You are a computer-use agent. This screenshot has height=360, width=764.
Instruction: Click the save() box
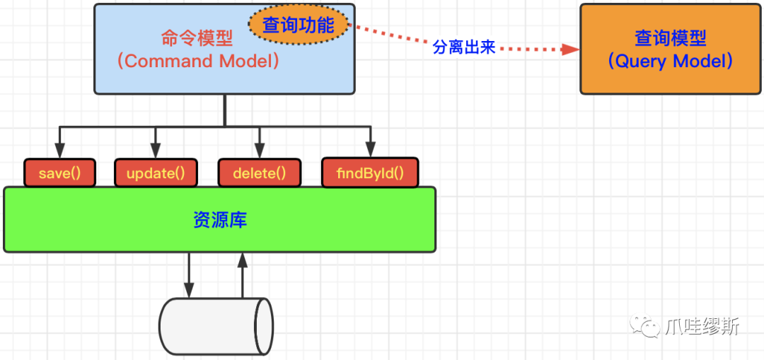click(59, 173)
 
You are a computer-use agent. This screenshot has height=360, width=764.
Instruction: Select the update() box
click(156, 173)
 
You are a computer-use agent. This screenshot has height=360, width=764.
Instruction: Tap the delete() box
click(259, 173)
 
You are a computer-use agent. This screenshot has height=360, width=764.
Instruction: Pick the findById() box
click(370, 173)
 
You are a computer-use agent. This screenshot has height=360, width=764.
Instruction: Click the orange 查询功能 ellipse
click(299, 25)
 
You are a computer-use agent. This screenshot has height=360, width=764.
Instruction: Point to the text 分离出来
click(464, 47)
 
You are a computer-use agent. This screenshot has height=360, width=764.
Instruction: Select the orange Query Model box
click(671, 50)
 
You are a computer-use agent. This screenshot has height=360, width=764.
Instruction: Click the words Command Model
click(199, 62)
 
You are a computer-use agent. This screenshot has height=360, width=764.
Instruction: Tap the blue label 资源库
click(220, 220)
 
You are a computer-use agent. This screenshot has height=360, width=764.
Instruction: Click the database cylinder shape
click(216, 326)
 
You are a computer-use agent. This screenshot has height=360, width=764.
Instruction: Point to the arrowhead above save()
click(59, 149)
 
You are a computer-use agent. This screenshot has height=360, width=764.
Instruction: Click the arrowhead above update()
click(156, 149)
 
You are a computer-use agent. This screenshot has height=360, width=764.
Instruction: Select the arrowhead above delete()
click(259, 149)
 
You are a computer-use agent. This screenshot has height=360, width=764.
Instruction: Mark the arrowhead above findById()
click(371, 149)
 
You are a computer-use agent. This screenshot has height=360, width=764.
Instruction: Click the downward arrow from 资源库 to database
click(189, 275)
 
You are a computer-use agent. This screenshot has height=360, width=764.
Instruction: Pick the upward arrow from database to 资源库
click(243, 275)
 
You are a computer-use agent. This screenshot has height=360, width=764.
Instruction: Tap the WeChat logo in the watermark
click(644, 325)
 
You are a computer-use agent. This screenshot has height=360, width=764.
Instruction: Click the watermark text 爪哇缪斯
click(702, 326)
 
